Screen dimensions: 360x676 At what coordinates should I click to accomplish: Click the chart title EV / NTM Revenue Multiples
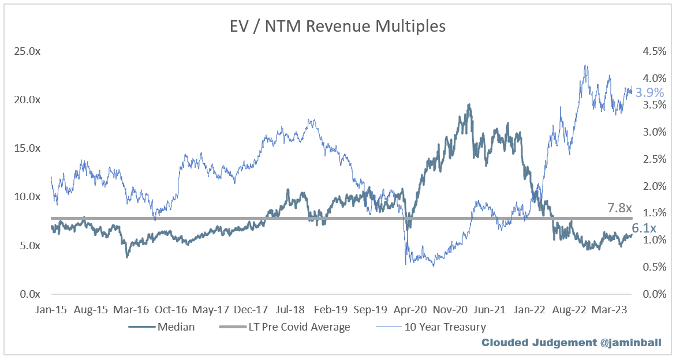click(x=337, y=26)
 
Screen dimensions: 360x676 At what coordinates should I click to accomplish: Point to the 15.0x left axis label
click(x=28, y=148)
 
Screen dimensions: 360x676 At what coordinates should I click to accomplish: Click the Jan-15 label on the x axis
click(x=52, y=309)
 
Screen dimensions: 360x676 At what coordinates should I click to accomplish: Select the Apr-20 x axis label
click(x=409, y=309)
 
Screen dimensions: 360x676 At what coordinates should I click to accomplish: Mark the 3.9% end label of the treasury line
click(x=649, y=92)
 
